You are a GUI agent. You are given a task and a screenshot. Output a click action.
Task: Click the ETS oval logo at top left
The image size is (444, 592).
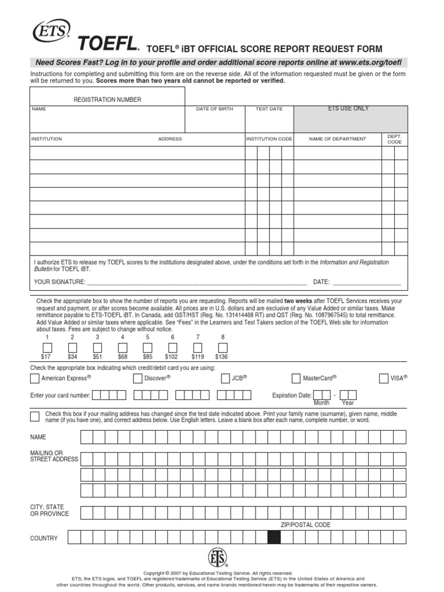click(51, 29)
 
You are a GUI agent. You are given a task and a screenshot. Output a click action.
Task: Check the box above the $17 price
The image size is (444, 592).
click(47, 347)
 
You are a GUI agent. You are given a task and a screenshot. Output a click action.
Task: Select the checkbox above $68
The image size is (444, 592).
click(123, 347)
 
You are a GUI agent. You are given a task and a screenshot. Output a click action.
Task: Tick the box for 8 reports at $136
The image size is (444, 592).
click(223, 347)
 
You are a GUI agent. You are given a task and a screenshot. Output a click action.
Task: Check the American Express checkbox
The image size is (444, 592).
click(35, 379)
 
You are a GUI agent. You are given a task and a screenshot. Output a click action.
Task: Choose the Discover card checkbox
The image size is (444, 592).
click(138, 379)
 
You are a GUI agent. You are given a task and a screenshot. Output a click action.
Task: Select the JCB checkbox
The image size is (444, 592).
click(226, 379)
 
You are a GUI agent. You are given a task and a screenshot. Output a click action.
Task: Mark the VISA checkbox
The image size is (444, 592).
click(384, 379)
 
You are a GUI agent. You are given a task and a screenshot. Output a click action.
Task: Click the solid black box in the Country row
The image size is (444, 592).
click(275, 538)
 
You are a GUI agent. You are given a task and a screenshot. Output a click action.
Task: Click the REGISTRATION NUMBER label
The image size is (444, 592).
click(107, 99)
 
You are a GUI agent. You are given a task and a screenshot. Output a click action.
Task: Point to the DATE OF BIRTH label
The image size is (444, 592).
click(214, 109)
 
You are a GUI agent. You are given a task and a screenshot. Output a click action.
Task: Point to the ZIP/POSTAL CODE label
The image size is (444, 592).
click(306, 525)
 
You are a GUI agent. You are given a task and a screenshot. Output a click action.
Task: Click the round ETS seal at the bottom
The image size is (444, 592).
click(218, 557)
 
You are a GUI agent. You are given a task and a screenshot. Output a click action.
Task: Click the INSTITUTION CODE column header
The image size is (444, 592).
click(269, 139)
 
